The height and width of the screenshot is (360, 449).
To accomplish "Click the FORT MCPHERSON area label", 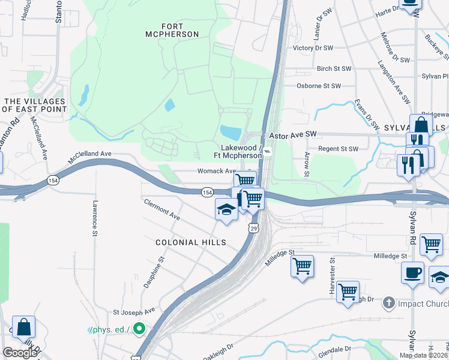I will (172, 30).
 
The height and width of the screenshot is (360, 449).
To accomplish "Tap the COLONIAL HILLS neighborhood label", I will (191, 242).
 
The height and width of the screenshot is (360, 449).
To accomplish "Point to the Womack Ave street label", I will (217, 171).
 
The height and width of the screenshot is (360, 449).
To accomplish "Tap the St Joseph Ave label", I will (134, 311).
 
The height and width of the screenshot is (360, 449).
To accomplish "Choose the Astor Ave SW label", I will (292, 136).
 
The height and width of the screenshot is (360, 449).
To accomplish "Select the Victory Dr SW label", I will (312, 47).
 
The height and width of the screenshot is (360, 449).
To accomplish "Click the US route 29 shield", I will (254, 229).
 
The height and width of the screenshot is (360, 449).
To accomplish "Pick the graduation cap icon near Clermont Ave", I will (226, 209).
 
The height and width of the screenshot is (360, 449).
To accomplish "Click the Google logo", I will (20, 353).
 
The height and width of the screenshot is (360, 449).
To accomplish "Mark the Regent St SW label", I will (338, 149).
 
